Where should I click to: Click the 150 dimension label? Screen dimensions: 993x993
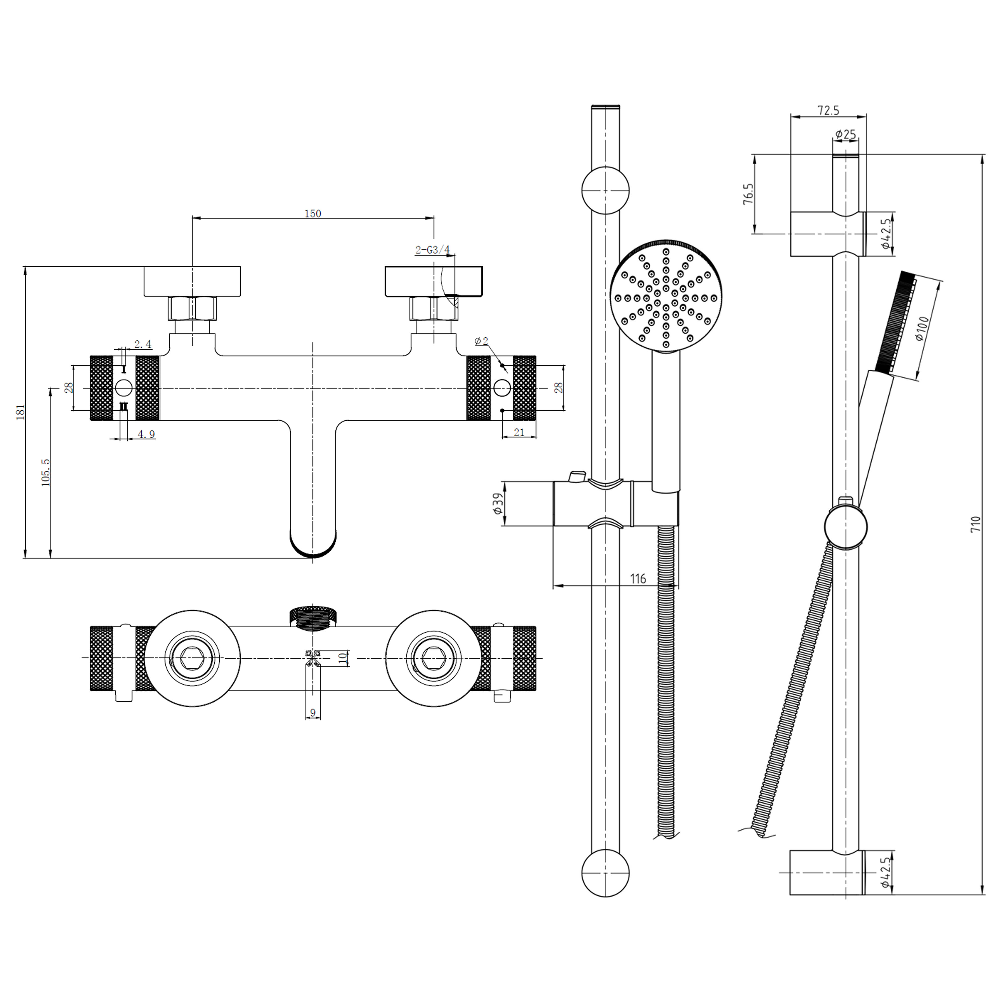313,213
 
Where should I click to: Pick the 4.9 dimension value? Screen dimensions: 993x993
146,434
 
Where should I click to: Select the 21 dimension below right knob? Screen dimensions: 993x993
519,432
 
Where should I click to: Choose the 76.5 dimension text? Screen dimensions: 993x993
748,194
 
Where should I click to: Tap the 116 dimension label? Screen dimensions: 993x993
638,579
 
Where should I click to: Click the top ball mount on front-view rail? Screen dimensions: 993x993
605,190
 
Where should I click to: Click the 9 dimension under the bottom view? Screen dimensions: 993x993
313,713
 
